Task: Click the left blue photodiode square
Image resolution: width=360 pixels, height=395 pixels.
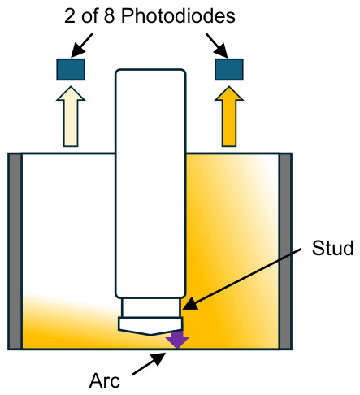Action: (x=71, y=69)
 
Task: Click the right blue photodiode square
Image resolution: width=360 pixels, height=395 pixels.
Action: (x=229, y=69)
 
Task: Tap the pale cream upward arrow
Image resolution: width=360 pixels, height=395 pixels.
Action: (x=71, y=117)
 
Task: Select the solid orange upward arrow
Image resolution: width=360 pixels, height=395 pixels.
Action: (x=229, y=117)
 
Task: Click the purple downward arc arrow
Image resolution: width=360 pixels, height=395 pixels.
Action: (x=177, y=339)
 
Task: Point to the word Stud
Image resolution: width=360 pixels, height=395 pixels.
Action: (x=332, y=248)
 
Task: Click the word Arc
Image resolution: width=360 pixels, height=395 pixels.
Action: (x=105, y=380)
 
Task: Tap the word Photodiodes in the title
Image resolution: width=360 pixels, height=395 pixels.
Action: (x=178, y=16)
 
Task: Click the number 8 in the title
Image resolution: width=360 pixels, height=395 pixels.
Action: (x=109, y=16)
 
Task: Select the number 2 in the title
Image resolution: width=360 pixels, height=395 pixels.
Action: (x=70, y=16)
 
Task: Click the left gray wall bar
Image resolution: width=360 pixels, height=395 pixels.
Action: (x=15, y=251)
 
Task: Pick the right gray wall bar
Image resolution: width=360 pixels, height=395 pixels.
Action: (x=285, y=251)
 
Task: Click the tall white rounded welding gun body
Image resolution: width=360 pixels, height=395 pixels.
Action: (x=150, y=184)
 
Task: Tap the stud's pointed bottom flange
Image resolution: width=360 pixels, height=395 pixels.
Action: (x=150, y=326)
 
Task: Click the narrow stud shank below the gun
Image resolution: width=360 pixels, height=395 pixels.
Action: (x=150, y=308)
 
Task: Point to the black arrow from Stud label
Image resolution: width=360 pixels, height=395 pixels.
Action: (x=242, y=279)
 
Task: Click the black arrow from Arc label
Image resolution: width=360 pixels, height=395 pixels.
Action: (x=149, y=363)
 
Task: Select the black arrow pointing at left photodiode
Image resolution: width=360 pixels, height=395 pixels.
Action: (x=82, y=46)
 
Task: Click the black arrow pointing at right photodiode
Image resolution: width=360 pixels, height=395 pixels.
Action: (x=217, y=46)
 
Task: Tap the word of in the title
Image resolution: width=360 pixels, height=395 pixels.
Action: (x=89, y=16)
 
